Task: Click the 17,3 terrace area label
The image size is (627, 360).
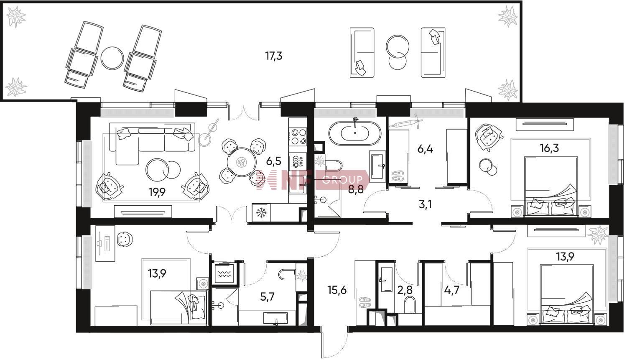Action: point(274,56)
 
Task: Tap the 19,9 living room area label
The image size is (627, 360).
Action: point(157,192)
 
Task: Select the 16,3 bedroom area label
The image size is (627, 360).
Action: point(550,148)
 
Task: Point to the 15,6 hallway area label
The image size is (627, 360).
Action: point(337,290)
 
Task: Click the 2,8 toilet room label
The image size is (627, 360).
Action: point(405,290)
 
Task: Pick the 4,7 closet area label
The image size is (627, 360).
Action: point(452,290)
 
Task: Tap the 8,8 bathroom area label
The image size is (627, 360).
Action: point(355,190)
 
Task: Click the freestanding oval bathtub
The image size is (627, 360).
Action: point(354,133)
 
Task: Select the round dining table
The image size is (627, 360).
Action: point(241,162)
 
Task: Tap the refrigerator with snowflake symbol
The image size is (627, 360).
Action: point(261,213)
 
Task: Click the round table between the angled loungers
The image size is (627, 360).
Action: point(112,58)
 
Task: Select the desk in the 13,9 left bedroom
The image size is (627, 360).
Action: point(105,243)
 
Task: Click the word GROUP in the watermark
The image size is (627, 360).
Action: point(342,179)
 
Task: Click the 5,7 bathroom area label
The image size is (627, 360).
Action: point(268,297)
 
